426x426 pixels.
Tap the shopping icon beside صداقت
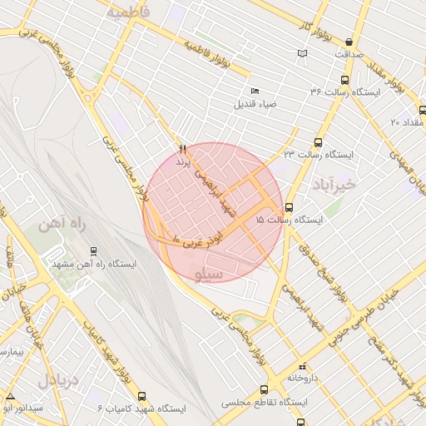(x=348, y=42)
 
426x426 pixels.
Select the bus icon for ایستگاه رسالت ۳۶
(x=344, y=80)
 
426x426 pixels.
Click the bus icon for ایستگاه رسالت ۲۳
(x=318, y=142)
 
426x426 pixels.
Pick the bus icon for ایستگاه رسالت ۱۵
(x=289, y=207)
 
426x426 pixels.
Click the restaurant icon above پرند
(x=182, y=149)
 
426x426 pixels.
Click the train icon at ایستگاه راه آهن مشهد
(x=92, y=250)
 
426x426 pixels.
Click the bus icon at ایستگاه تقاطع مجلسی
(x=264, y=389)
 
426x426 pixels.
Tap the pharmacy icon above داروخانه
(x=302, y=366)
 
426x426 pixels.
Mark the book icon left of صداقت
(x=302, y=54)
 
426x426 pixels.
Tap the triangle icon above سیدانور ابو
(x=10, y=396)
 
